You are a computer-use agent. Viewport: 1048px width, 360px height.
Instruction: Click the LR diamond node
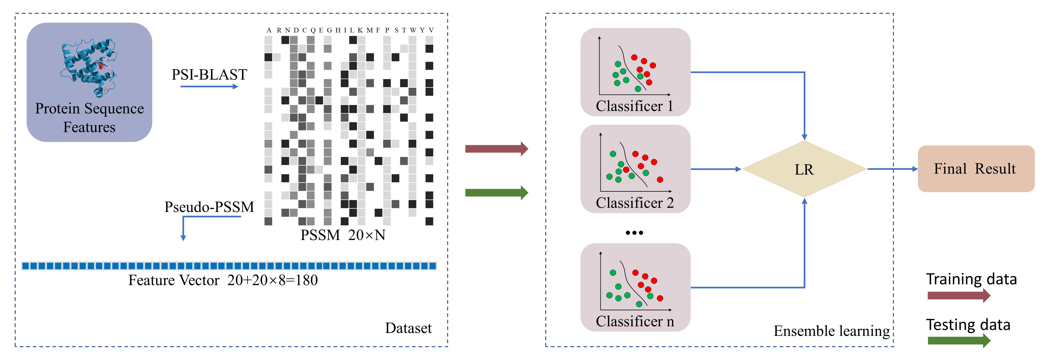coord(804,169)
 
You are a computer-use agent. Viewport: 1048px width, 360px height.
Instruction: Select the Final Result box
coord(976,168)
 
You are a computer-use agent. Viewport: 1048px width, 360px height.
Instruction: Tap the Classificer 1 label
coord(634,106)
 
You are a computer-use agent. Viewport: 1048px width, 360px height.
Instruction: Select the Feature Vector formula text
coord(223,280)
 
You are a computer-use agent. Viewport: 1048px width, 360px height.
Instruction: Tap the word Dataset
coord(408,328)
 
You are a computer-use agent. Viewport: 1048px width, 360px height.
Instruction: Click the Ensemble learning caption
coord(831,331)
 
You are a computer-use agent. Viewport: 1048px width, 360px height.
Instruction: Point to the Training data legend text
coord(971,279)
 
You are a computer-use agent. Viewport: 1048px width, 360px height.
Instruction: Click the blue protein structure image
coord(89,65)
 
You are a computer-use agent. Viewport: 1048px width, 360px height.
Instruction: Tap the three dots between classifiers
coord(634,233)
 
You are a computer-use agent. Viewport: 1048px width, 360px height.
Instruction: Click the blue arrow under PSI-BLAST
coord(209,86)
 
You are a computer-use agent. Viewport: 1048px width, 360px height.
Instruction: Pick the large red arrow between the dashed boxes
coord(496,149)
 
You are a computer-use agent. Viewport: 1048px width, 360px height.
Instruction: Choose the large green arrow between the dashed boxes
coord(496,192)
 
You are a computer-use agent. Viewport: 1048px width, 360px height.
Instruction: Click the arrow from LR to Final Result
coord(892,169)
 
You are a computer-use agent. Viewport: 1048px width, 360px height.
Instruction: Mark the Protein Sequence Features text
coord(89,118)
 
